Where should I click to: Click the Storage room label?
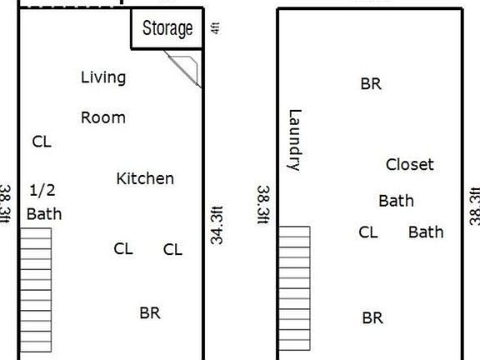tap(167, 28)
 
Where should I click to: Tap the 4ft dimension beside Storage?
tap(216, 27)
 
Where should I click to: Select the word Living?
tap(103, 77)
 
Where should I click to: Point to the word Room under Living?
tap(103, 117)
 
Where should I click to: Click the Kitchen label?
tap(145, 178)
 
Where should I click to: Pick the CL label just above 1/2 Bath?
tap(42, 142)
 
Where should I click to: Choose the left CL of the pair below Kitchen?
tap(123, 248)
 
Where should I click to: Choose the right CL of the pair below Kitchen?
tap(172, 248)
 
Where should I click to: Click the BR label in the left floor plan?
tap(150, 313)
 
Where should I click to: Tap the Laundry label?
tap(293, 140)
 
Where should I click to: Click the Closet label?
tap(410, 164)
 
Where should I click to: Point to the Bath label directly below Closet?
tap(396, 201)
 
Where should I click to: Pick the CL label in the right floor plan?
tap(368, 232)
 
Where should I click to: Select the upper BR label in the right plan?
tap(371, 84)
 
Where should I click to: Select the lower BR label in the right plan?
tap(372, 318)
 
